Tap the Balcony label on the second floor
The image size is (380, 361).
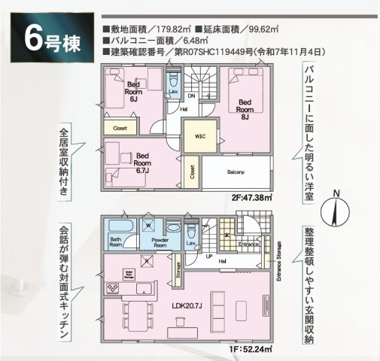tap(236, 172)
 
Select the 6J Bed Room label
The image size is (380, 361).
tap(136, 91)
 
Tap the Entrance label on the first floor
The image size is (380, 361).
tap(249, 244)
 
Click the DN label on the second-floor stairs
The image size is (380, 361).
tap(191, 96)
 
